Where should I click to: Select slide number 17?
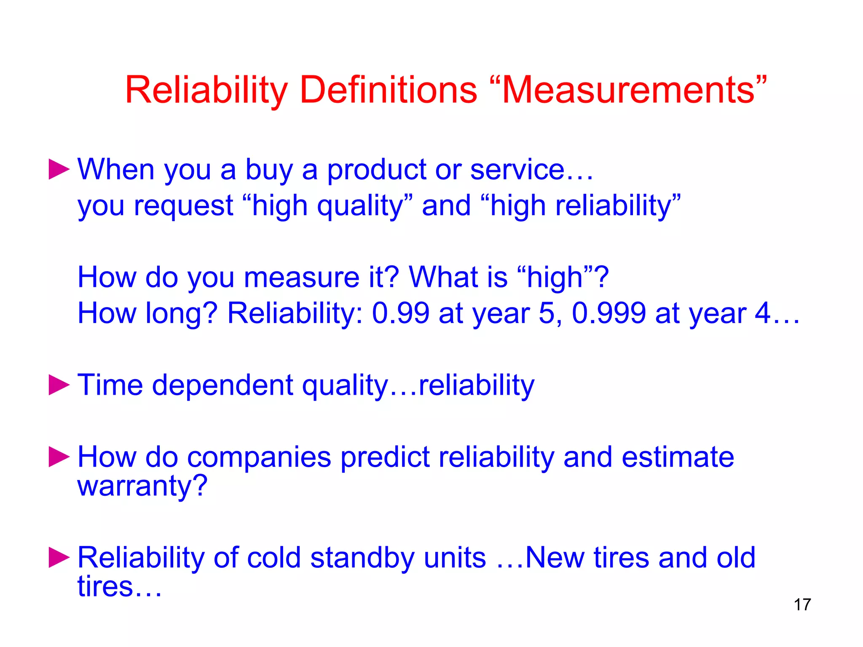802,605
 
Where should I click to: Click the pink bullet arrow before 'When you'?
59,169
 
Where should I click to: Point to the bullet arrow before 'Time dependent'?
59,385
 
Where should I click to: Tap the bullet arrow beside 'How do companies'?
59,457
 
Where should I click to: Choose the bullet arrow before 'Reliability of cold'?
59,558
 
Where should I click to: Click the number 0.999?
608,313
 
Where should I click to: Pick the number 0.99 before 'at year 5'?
400,313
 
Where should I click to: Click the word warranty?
142,486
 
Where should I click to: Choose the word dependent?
222,385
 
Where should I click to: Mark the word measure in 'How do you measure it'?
302,277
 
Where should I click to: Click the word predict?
385,457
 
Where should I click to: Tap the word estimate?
678,457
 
